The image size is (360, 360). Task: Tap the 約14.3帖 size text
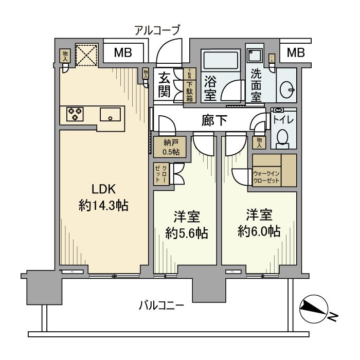tap(103, 206)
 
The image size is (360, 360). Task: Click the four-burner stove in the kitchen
tap(75, 113)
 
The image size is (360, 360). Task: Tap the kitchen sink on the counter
tap(110, 113)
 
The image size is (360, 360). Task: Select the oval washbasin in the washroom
tap(286, 91)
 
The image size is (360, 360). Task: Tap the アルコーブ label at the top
tap(157, 30)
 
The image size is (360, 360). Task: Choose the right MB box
tap(295, 52)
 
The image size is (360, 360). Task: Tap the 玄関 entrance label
tap(165, 85)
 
